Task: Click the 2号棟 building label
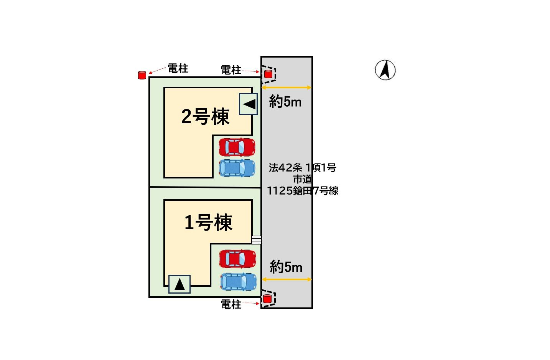click(x=205, y=116)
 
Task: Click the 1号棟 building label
click(x=208, y=223)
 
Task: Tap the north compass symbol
click(x=385, y=70)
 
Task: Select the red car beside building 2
click(x=237, y=147)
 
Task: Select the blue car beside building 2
click(x=237, y=168)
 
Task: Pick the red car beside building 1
click(x=237, y=259)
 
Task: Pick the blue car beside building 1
click(x=238, y=281)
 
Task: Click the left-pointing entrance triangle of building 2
click(x=249, y=104)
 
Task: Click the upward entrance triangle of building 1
click(x=179, y=284)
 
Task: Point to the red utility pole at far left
click(x=142, y=75)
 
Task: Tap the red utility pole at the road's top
click(x=268, y=74)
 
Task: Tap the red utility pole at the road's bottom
click(x=267, y=299)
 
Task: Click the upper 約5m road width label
click(x=285, y=102)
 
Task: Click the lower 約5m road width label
click(x=286, y=267)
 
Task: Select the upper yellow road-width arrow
click(x=286, y=88)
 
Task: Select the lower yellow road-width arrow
click(x=286, y=279)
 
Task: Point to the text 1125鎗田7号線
click(x=302, y=191)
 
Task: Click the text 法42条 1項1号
click(x=302, y=168)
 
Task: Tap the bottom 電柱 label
click(x=231, y=304)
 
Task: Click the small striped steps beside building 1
click(x=256, y=240)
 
